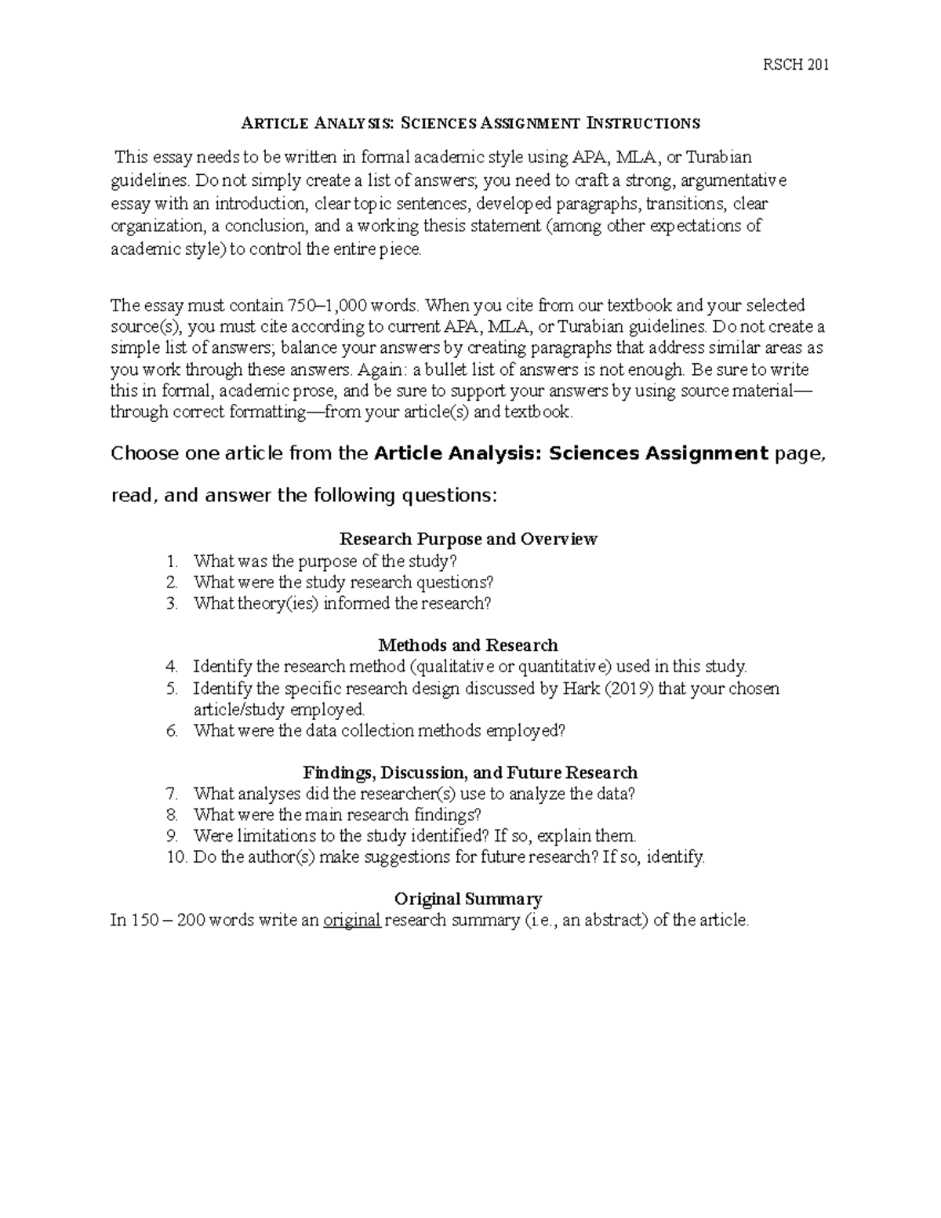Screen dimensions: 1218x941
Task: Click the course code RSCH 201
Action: (796, 64)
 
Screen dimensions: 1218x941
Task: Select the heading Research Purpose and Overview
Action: (468, 539)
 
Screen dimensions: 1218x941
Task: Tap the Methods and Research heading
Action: (468, 645)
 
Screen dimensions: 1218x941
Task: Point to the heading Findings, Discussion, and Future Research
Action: (470, 773)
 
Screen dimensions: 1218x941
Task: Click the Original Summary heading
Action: (468, 899)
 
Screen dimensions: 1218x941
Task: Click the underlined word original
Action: (352, 920)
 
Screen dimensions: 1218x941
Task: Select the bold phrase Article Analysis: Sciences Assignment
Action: (572, 453)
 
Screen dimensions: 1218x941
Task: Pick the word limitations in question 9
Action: (274, 835)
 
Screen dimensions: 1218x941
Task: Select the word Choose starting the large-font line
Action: (145, 453)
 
